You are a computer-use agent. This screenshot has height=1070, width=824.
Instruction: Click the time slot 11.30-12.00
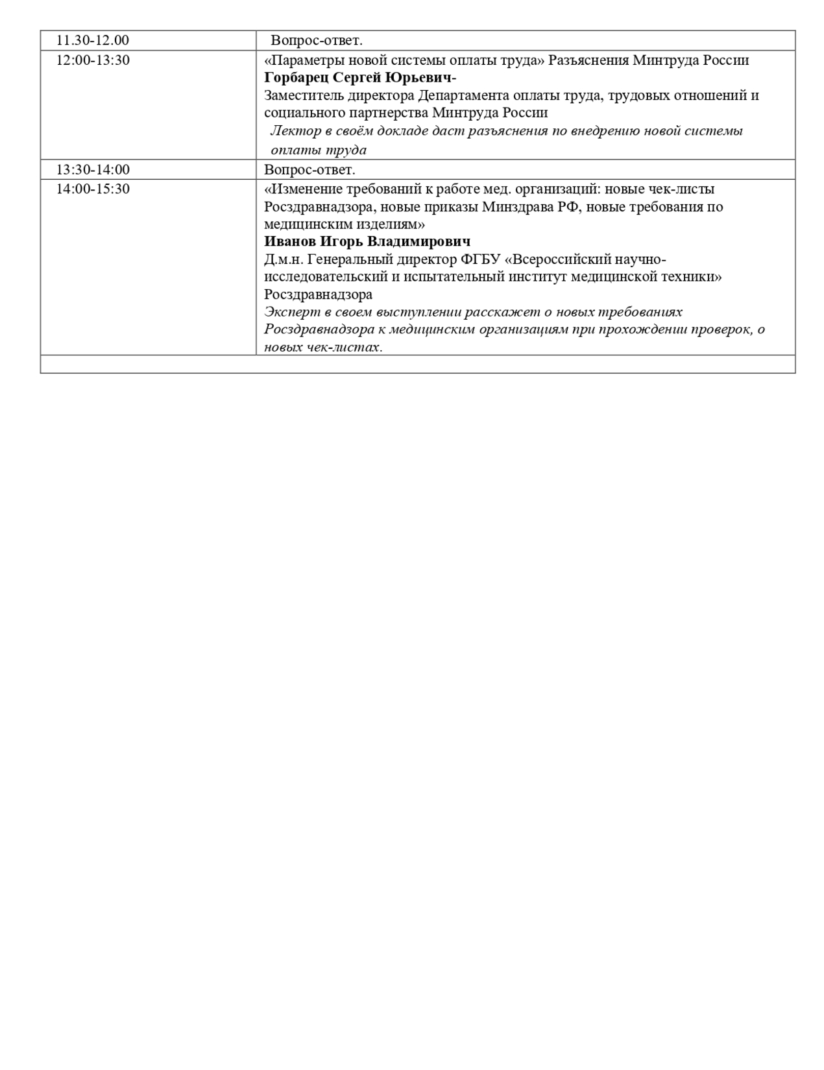point(93,40)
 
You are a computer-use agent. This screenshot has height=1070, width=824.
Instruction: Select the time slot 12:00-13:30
point(93,60)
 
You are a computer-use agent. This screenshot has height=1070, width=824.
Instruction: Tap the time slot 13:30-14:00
point(93,170)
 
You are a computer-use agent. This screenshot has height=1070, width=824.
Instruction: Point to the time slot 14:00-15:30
point(93,189)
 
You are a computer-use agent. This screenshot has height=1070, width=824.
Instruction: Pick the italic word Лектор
point(295,131)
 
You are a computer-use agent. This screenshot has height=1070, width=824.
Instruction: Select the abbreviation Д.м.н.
point(284,260)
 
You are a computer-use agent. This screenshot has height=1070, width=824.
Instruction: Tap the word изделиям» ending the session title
point(396,225)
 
